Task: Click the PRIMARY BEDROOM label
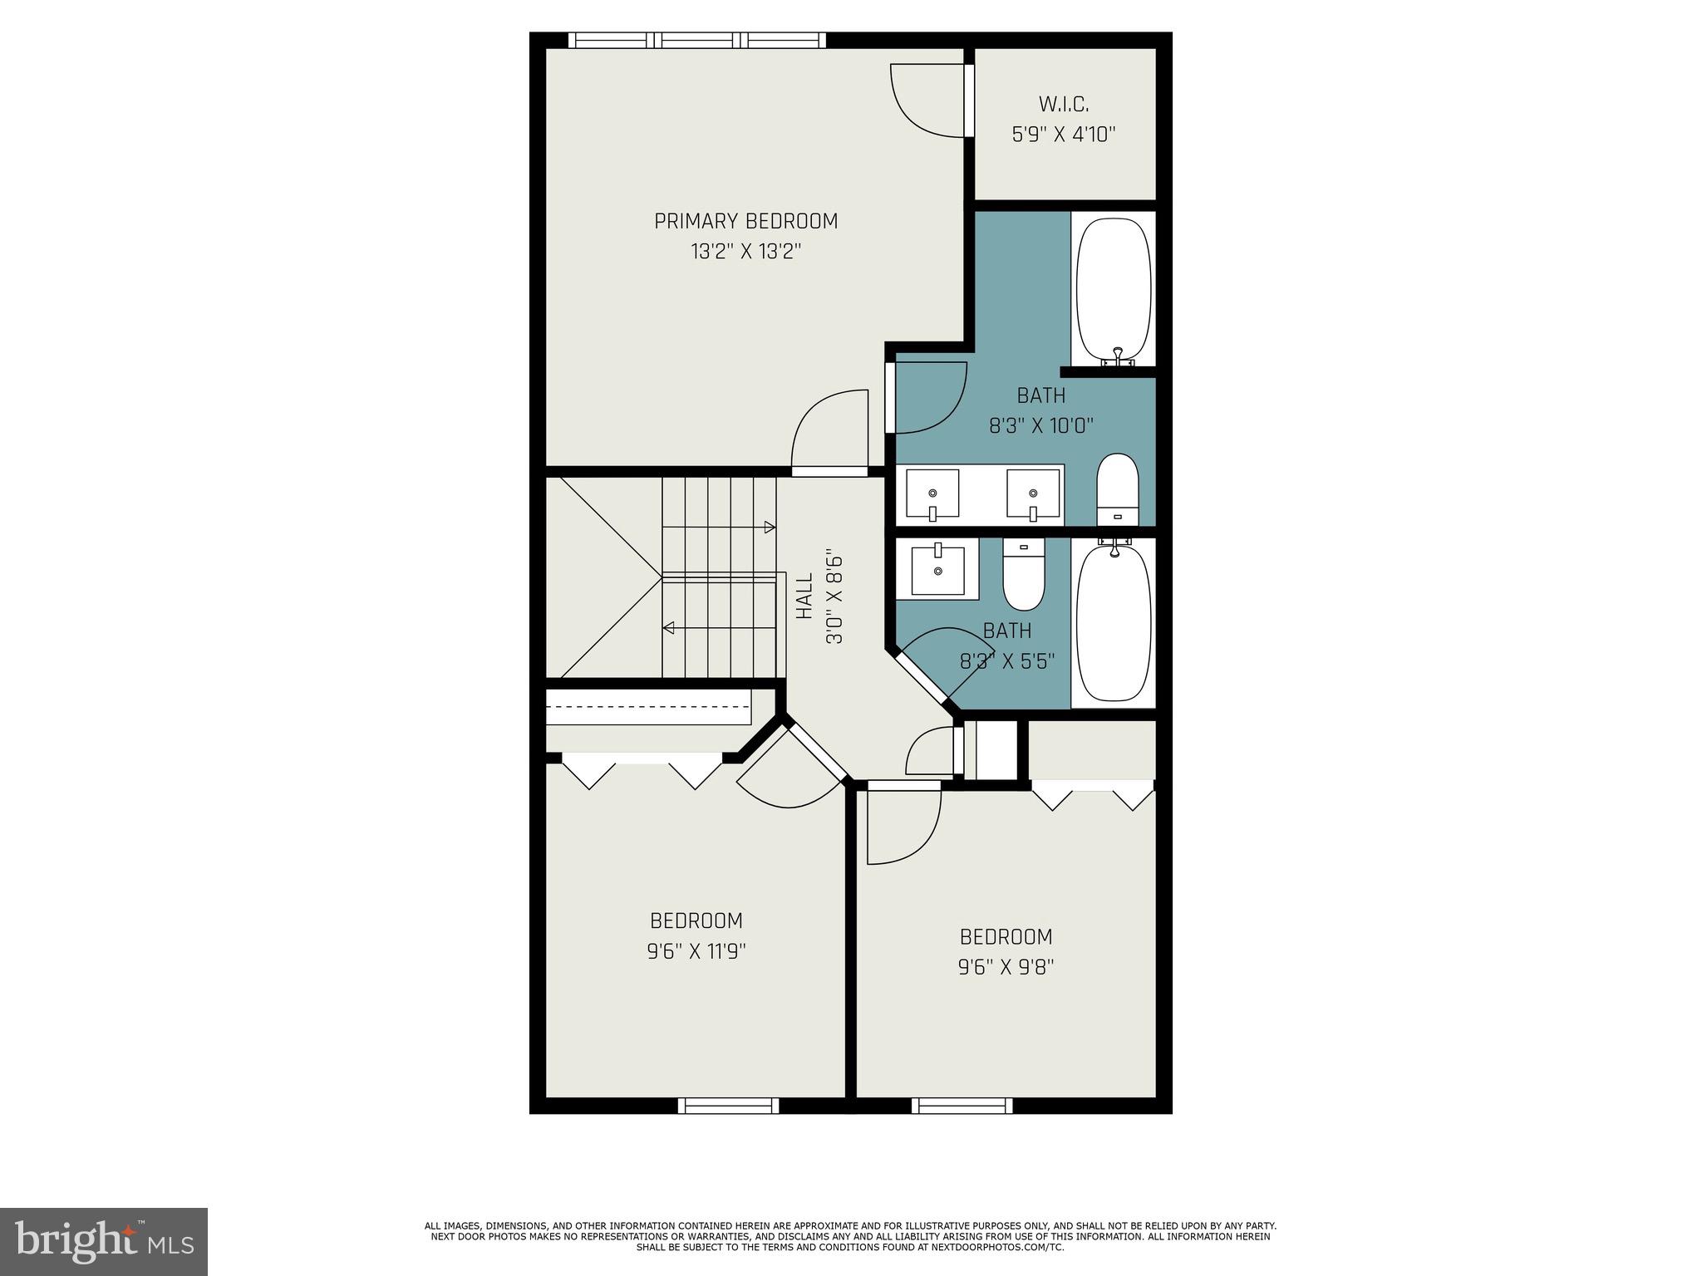pos(745,221)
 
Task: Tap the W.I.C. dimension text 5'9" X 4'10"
pos(1063,135)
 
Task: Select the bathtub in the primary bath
pos(1114,288)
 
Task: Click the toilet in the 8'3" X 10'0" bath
pos(1117,489)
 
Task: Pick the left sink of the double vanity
pos(932,494)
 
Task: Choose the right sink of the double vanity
pos(1033,494)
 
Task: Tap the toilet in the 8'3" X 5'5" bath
pos(1024,574)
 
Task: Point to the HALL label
pos(804,596)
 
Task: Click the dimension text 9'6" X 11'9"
pos(696,951)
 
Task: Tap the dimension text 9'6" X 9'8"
pos(1006,967)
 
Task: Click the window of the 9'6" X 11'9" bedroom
pos(728,1105)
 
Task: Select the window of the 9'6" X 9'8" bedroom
pos(962,1105)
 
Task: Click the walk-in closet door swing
pos(928,100)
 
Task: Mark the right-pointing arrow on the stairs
pos(769,527)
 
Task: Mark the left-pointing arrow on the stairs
pos(669,628)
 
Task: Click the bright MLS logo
pos(104,1241)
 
